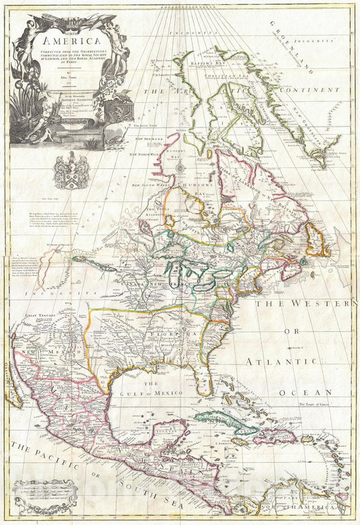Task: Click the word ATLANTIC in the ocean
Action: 291,361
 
